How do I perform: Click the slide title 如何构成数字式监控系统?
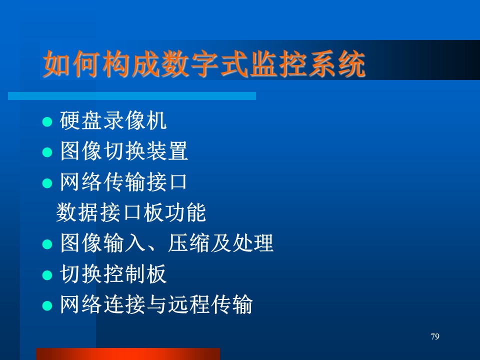tap(204, 63)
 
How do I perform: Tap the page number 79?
tap(434, 336)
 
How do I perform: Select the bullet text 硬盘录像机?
tap(113, 120)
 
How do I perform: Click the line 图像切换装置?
tap(123, 150)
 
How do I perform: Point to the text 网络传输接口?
tap(123, 181)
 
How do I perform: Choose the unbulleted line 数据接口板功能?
tap(131, 212)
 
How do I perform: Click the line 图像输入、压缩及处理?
tap(166, 243)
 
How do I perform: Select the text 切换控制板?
tap(113, 273)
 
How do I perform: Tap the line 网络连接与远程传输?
tap(156, 304)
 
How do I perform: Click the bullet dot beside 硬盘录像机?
tap(47, 122)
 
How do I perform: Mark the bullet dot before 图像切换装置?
tap(47, 152)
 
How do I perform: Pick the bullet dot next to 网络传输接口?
tap(47, 183)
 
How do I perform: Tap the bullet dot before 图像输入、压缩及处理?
tap(47, 244)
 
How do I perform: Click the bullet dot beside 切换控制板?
tap(47, 275)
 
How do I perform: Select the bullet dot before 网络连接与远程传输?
tap(47, 306)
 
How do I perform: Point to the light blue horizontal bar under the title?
tap(132, 96)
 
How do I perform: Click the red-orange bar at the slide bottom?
tap(128, 354)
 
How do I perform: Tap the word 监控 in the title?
tap(278, 63)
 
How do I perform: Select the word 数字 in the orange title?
tap(190, 63)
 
